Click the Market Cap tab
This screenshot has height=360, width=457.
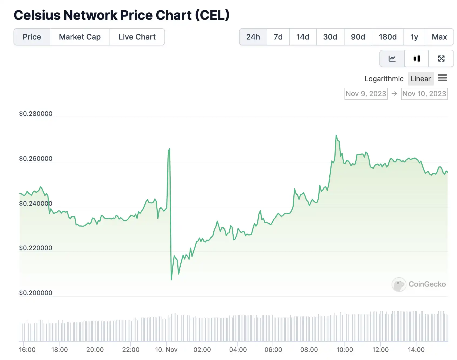tap(80, 37)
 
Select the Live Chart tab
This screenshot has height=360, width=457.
tap(137, 37)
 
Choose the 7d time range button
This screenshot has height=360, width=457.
tap(278, 37)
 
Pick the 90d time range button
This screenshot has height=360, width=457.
tap(358, 37)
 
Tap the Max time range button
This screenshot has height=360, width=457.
tap(439, 37)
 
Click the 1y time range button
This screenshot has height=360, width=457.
tap(414, 37)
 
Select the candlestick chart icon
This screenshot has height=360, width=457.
tap(417, 58)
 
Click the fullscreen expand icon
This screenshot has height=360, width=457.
tap(441, 58)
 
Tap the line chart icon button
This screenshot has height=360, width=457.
tap(392, 58)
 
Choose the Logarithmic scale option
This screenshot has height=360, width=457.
tap(384, 79)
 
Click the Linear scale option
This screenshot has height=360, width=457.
tap(420, 79)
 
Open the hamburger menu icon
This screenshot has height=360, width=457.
tap(442, 78)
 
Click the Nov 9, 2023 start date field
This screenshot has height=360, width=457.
tap(366, 94)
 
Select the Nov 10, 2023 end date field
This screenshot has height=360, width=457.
tap(424, 94)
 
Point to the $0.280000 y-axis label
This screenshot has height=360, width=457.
tap(36, 114)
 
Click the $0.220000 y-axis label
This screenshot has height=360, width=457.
tap(36, 248)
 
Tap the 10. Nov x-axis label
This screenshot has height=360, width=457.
tap(166, 350)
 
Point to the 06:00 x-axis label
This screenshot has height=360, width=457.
tap(273, 350)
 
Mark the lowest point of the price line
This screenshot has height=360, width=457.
tap(171, 280)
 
